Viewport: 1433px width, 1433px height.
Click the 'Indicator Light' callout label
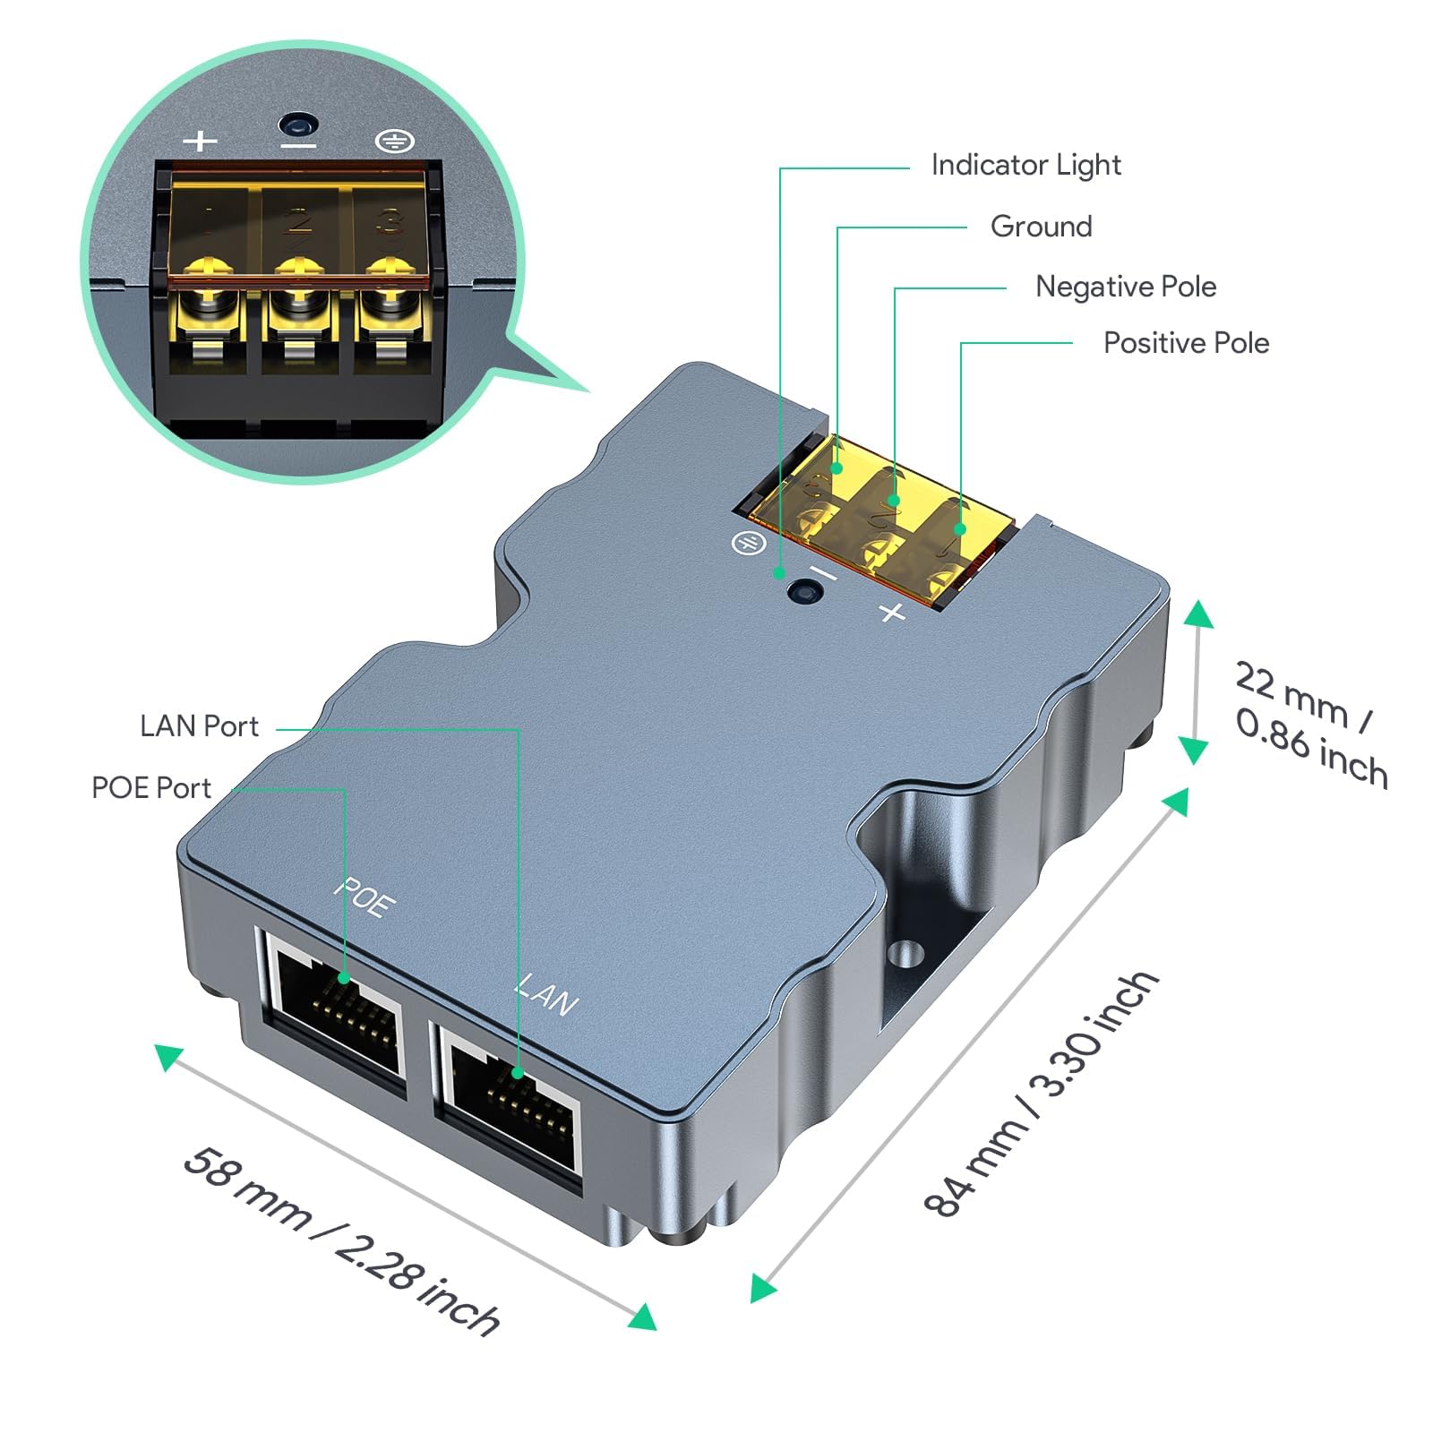1025,165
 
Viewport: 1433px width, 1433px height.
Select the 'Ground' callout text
1041,226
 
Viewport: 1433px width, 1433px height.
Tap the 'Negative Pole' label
1126,287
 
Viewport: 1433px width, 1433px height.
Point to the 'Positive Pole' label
1186,343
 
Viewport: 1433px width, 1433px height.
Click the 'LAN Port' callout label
199,725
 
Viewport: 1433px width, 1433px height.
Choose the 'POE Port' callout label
151,788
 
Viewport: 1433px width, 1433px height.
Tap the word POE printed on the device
365,897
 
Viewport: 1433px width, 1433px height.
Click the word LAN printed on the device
546,995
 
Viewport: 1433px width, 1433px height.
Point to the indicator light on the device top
804,592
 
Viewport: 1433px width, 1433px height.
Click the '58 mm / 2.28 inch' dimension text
340,1240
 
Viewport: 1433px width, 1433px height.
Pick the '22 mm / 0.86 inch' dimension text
1310,724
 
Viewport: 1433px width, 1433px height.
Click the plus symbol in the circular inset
200,141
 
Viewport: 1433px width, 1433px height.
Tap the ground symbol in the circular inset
394,141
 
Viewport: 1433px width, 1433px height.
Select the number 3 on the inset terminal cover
388,220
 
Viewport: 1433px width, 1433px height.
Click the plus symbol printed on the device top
892,613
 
